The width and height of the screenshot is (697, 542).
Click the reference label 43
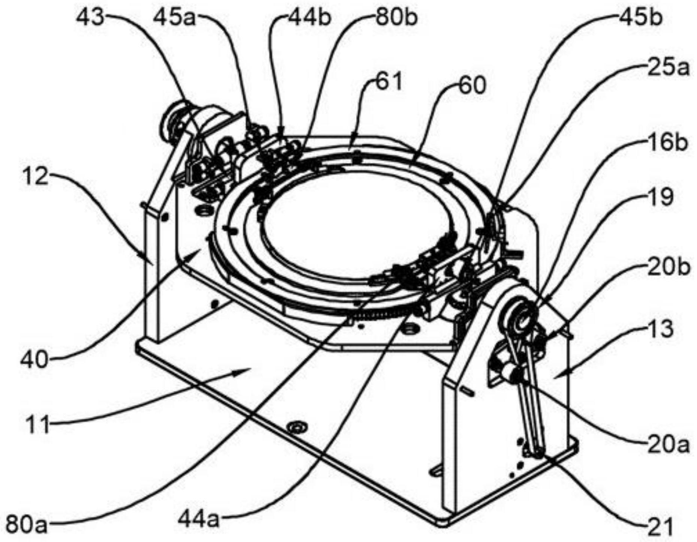tap(90, 17)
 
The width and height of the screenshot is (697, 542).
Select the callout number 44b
tap(310, 17)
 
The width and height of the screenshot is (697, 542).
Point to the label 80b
tap(396, 17)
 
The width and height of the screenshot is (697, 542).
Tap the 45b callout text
tap(640, 17)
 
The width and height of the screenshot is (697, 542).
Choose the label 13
tap(661, 329)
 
